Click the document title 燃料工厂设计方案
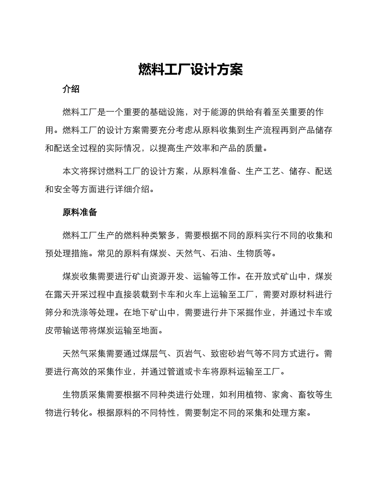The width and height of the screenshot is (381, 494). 190,69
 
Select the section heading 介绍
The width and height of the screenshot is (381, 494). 71,89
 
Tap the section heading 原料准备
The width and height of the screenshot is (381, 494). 80,212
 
